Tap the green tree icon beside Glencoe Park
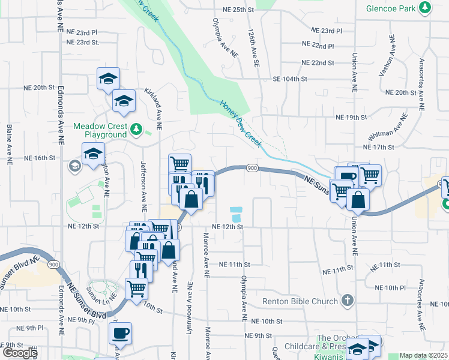point(426,8)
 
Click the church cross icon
point(346,300)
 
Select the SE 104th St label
point(290,79)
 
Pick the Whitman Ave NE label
point(394,128)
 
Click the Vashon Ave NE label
point(387,56)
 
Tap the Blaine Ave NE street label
point(10,145)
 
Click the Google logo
point(19,353)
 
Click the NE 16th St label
point(40,158)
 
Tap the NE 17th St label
point(378,147)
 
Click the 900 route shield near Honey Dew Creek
point(252,169)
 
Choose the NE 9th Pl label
point(31,328)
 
